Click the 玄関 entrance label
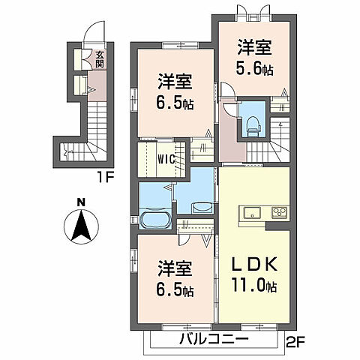(x=99, y=58)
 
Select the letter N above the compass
(x=81, y=200)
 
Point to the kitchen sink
(x=250, y=211)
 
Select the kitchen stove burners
(x=279, y=211)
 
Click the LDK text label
(x=253, y=265)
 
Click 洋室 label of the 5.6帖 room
(x=253, y=47)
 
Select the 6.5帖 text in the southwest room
(x=175, y=289)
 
